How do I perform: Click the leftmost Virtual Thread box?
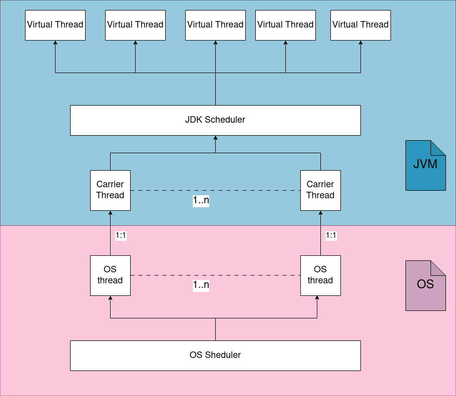click(x=55, y=25)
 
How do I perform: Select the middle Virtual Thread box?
click(x=215, y=25)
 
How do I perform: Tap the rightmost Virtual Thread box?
click(x=360, y=25)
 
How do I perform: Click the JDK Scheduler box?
click(x=215, y=120)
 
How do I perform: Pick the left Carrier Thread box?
click(x=110, y=190)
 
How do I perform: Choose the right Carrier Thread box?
click(x=320, y=190)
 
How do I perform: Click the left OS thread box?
click(x=110, y=275)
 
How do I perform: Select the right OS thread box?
click(x=320, y=275)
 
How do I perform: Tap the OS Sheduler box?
click(x=215, y=355)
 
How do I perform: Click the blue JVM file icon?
click(x=425, y=165)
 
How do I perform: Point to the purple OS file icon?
click(x=425, y=285)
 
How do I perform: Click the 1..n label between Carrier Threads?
click(x=201, y=201)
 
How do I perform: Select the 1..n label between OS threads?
click(x=201, y=285)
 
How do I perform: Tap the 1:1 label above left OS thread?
click(x=121, y=235)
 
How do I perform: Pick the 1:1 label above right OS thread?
click(x=331, y=235)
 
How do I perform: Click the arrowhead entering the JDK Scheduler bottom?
click(x=215, y=138)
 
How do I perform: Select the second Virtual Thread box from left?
click(x=135, y=25)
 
